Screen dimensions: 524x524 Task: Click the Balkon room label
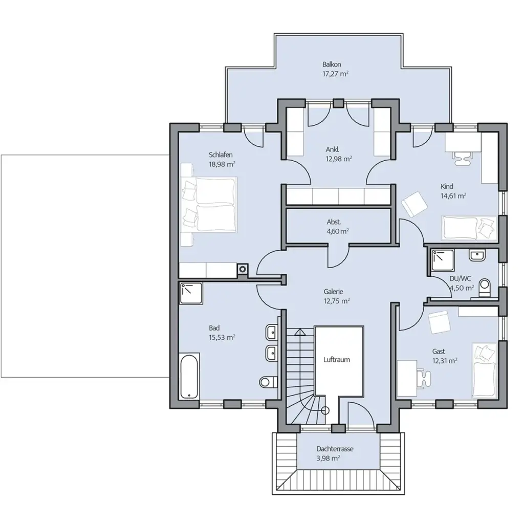pyautogui.click(x=332, y=65)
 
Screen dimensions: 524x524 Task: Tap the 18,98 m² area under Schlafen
pyautogui.click(x=222, y=164)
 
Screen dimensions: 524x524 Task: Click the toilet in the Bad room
pyautogui.click(x=268, y=382)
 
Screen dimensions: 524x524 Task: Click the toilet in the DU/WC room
pyautogui.click(x=484, y=289)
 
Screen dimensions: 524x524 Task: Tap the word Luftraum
pyautogui.click(x=336, y=360)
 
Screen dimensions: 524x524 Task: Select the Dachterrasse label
pyautogui.click(x=335, y=449)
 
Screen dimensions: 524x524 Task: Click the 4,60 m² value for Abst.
pyautogui.click(x=338, y=231)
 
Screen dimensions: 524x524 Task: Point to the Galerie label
pyautogui.click(x=333, y=292)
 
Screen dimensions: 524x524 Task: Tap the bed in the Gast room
pyautogui.click(x=484, y=369)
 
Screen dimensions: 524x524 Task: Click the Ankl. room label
pyautogui.click(x=332, y=149)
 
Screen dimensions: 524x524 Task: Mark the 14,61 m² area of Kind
pyautogui.click(x=453, y=195)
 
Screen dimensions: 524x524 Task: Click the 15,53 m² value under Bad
pyautogui.click(x=222, y=337)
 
